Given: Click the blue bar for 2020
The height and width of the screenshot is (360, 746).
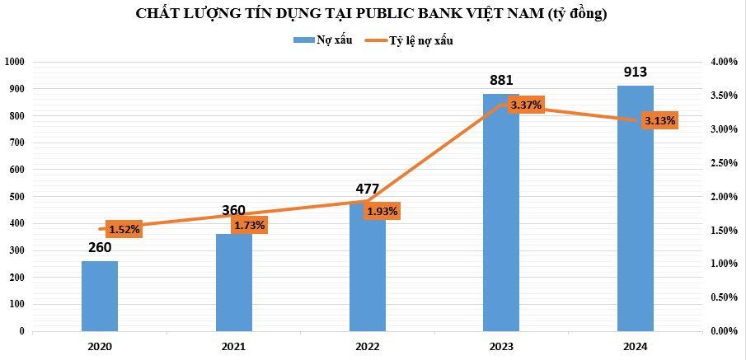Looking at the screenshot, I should [100, 296].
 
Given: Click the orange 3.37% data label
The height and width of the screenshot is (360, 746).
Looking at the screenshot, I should [525, 105].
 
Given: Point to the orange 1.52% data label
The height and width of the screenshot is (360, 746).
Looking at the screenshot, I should [124, 229].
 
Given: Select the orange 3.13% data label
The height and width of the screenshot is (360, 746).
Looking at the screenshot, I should [659, 121].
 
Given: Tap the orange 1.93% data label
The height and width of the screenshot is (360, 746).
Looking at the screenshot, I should [382, 212].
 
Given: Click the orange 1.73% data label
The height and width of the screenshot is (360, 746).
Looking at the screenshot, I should [249, 225].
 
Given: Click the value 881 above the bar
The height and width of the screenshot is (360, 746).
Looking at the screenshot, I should [501, 81].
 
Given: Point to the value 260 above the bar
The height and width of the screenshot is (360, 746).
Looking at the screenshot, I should [99, 247].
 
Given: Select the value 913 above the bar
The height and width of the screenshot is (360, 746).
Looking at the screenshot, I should [635, 72].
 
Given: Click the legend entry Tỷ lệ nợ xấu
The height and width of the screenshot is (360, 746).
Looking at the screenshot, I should [421, 40].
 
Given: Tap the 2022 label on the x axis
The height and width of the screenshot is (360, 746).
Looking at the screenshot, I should [368, 348].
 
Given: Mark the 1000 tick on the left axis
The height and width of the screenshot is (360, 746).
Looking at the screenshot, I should [15, 62].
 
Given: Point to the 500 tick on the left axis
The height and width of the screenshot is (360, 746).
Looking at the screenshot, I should [17, 196].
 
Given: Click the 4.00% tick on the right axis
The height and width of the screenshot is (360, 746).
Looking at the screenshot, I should [723, 62].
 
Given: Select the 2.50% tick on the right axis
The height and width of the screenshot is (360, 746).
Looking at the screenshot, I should [723, 163].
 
